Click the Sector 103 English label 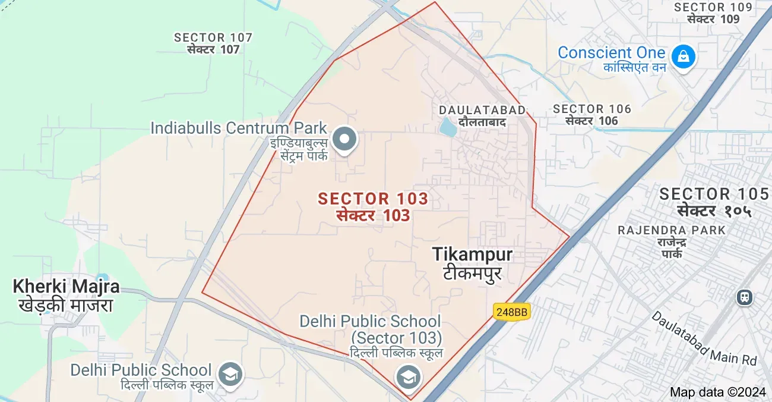coord(373,198)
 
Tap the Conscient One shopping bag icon coord(684,56)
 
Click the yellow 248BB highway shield coord(511,312)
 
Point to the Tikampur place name coord(473,255)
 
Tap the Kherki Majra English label coord(66,287)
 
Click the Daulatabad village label coord(482,110)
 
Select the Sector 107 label coord(213,37)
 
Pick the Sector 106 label coord(592,109)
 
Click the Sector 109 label coord(713,7)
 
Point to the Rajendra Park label coord(672,230)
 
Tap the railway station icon coord(743,296)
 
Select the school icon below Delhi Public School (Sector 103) coord(408,377)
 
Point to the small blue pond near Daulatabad coord(446,127)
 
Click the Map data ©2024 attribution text coord(718,392)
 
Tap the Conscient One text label coord(611,52)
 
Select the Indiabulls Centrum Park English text coord(239,128)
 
